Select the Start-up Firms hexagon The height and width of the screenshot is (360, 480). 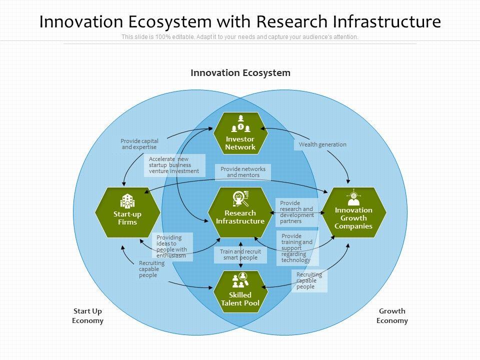[x=127, y=212]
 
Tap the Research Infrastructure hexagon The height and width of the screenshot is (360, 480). [x=240, y=212]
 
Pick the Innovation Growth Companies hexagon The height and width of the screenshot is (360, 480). [x=353, y=212]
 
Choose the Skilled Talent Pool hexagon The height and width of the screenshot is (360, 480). [x=240, y=292]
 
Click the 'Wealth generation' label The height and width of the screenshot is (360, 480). [x=322, y=144]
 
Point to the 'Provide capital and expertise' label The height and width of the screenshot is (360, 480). [x=139, y=144]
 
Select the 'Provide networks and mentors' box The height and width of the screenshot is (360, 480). [x=243, y=172]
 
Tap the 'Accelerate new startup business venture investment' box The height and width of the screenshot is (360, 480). [x=174, y=165]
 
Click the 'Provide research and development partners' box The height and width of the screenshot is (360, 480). [x=297, y=212]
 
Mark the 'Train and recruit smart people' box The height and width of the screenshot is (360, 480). [x=240, y=254]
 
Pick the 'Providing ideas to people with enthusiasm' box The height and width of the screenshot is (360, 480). [x=172, y=246]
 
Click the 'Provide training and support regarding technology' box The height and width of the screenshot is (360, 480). [x=297, y=248]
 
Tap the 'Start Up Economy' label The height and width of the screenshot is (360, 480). [x=87, y=316]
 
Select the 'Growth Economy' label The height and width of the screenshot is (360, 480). [x=392, y=316]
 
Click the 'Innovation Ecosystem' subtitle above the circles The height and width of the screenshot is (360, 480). [x=240, y=73]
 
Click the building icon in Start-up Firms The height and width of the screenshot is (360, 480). [x=127, y=201]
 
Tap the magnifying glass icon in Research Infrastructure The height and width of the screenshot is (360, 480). [x=240, y=198]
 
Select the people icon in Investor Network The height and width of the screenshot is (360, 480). [x=240, y=123]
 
